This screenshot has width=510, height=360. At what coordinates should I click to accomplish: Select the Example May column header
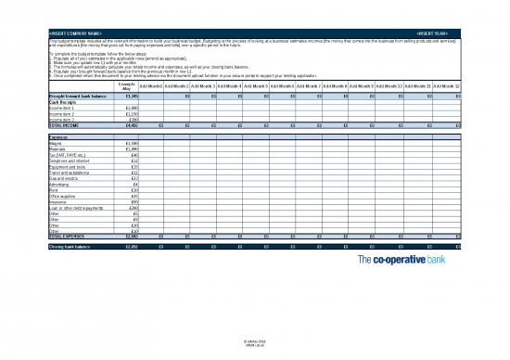point(129,85)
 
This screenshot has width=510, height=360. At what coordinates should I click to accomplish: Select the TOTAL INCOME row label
point(64,124)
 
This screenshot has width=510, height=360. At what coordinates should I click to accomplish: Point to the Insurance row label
point(57,200)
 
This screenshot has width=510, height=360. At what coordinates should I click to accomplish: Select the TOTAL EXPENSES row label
point(67,236)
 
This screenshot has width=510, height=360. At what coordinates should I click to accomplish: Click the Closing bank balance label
point(70,248)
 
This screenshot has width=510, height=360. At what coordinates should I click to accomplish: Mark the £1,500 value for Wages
point(131,142)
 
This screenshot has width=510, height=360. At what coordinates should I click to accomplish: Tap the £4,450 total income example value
point(131,124)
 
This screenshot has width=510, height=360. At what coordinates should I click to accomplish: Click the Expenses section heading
point(58,136)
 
